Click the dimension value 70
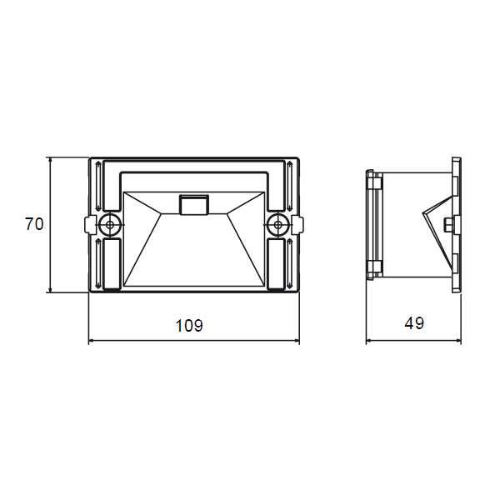(34, 224)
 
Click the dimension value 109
(189, 326)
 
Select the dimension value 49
(414, 323)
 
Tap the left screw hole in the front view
(110, 224)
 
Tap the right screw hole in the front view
(278, 224)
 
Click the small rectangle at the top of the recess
(194, 205)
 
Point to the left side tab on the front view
(90, 224)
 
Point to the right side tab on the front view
(297, 224)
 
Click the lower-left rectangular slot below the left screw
(112, 264)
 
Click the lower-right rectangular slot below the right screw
(276, 264)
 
